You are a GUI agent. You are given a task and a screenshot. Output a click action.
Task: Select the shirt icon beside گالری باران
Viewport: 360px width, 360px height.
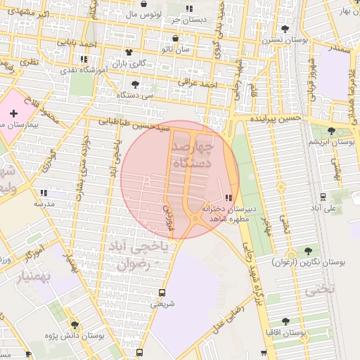point(129,53)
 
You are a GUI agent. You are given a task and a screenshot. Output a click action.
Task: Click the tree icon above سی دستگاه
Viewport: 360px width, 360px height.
point(134,84)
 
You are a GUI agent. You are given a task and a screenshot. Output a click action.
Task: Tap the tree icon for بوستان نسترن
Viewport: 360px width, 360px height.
point(285,29)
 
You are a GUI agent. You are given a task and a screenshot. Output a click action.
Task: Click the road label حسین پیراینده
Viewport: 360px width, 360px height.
point(276,118)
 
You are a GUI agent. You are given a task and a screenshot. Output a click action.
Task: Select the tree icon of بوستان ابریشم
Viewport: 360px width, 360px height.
point(333,131)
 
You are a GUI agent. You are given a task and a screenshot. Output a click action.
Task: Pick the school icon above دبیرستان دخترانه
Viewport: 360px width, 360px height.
point(228,199)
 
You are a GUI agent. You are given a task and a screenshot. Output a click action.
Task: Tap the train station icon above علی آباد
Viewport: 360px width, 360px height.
point(323,198)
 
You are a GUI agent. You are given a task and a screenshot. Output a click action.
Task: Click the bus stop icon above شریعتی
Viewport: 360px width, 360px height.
point(163,292)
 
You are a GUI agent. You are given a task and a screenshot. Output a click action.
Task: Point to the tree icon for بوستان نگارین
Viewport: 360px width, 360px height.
point(308,251)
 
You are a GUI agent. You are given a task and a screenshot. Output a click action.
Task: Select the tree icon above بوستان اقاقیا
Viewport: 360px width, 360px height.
point(285,321)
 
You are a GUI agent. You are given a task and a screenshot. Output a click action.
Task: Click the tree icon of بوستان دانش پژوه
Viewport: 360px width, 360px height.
point(75,326)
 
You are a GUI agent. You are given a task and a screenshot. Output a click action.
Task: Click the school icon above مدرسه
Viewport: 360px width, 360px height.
point(44,193)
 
